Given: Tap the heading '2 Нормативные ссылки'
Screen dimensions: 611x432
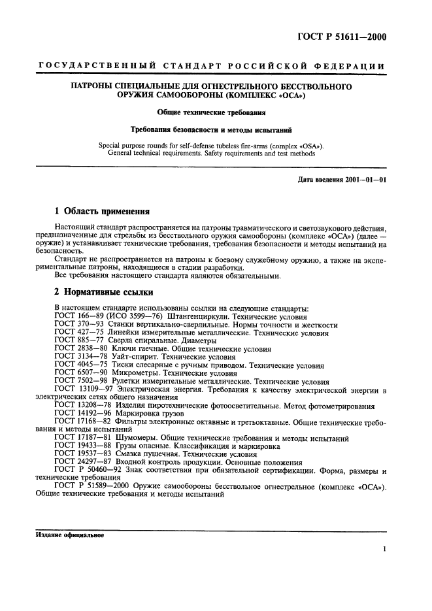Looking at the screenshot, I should point(98,291).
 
